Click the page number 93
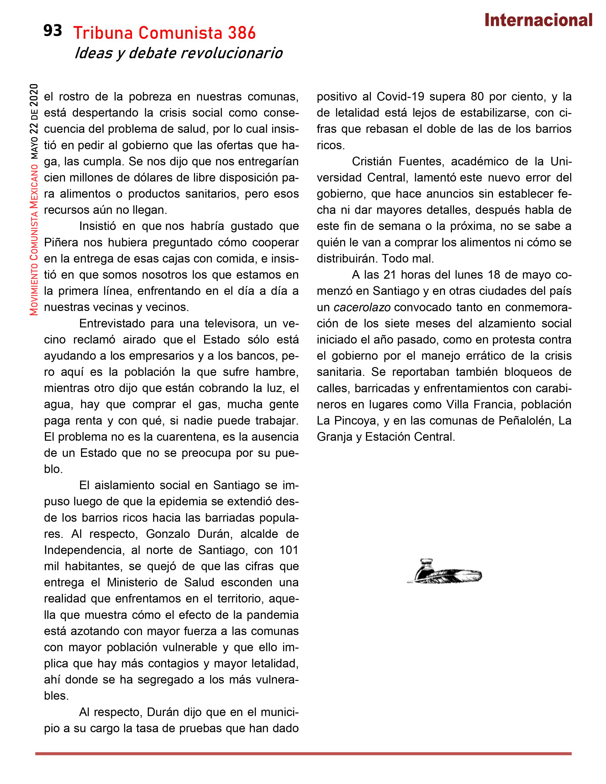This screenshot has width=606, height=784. pos(53,31)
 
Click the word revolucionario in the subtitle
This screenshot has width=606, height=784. pos(231,53)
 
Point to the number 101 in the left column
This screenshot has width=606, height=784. pos(289,550)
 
